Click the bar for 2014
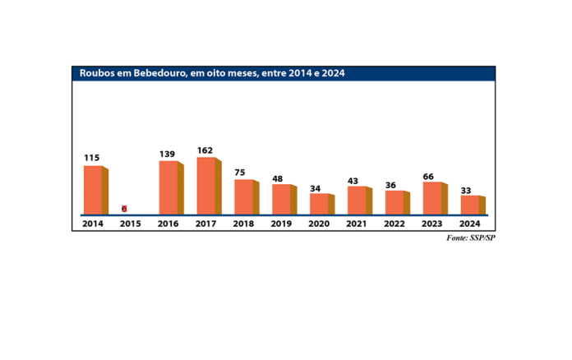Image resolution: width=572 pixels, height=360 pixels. pyautogui.click(x=94, y=190)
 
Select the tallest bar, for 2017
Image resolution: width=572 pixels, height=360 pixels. pyautogui.click(x=207, y=186)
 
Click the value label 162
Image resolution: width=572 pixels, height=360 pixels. pyautogui.click(x=205, y=150)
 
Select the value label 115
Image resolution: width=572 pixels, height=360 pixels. pyautogui.click(x=92, y=158)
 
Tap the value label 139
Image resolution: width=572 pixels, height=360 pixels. pyautogui.click(x=168, y=154)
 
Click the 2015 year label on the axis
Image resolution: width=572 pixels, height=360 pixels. pyautogui.click(x=131, y=223)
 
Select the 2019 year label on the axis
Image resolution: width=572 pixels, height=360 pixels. pyautogui.click(x=282, y=223)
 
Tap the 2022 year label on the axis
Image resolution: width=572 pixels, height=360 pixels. pyautogui.click(x=395, y=223)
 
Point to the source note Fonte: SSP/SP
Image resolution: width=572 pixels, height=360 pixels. pyautogui.click(x=472, y=238)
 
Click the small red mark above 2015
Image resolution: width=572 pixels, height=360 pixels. pyautogui.click(x=124, y=209)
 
